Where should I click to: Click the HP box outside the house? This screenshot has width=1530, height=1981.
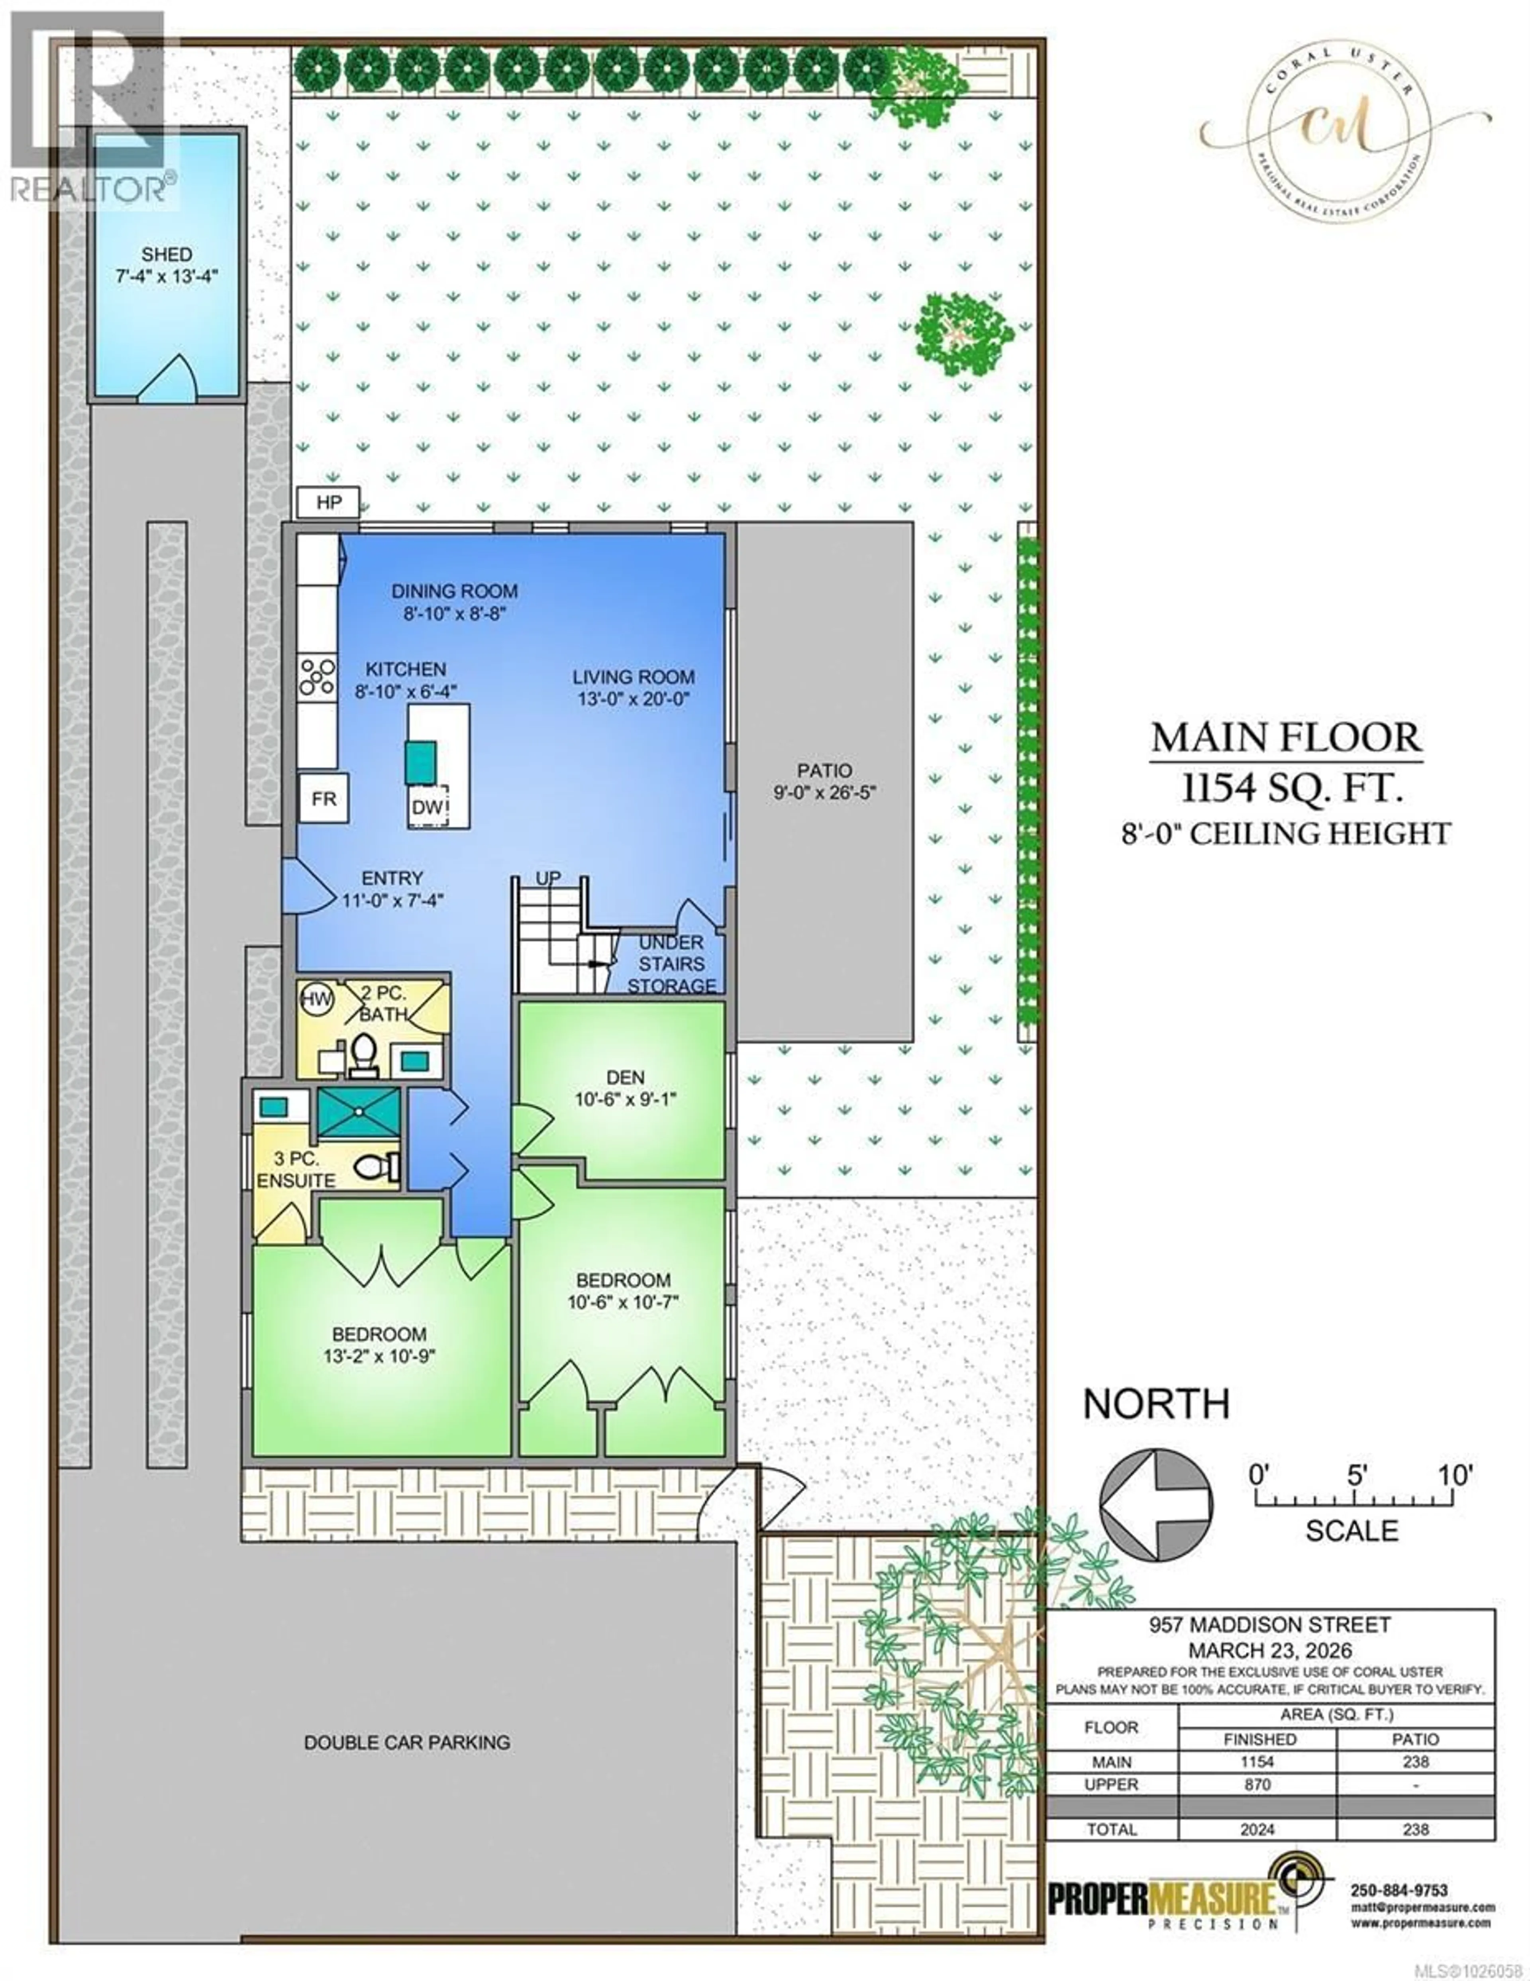click(x=328, y=502)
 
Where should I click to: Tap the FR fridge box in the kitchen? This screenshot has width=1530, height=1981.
click(x=324, y=798)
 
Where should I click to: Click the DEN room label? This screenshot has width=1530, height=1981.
click(x=625, y=1077)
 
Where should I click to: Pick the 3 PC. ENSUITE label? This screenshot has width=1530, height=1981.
click(x=296, y=1169)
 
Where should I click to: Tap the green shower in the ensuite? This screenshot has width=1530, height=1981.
click(x=358, y=1112)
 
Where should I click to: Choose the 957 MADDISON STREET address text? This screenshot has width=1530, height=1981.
click(x=1270, y=1624)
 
